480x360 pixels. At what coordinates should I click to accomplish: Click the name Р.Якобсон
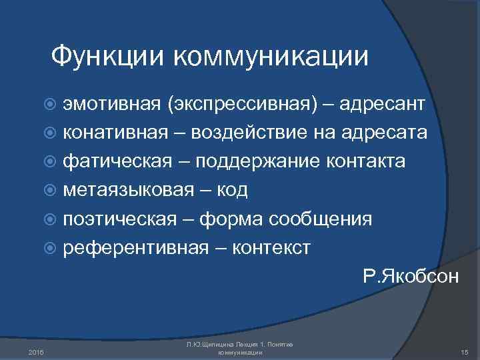click(x=411, y=276)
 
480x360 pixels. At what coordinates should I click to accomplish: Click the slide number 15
click(x=465, y=351)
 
